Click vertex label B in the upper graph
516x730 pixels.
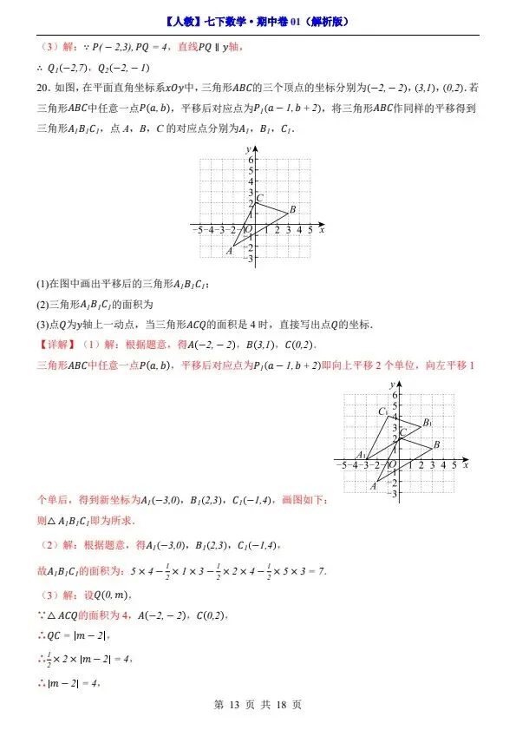click(x=293, y=209)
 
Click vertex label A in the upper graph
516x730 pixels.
click(x=230, y=251)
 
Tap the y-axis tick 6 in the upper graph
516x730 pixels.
click(x=249, y=160)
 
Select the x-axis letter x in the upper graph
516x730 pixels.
click(x=322, y=230)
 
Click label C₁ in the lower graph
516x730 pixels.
click(x=382, y=411)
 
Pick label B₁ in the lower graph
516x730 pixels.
click(x=427, y=423)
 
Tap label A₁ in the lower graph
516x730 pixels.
click(x=361, y=454)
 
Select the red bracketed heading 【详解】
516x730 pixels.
click(x=54, y=345)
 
